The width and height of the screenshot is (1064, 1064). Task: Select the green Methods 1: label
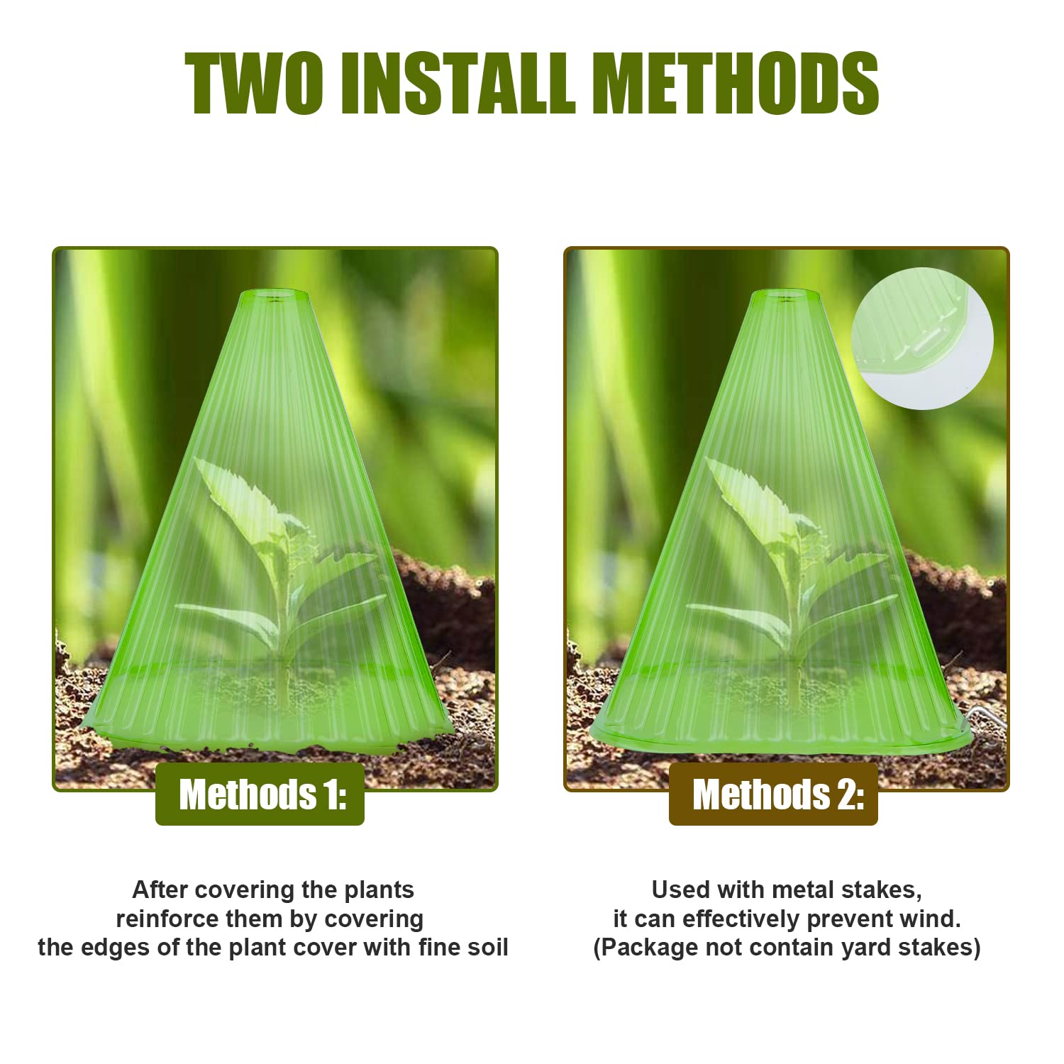pyautogui.click(x=260, y=794)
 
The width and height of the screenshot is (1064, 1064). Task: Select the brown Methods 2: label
pyautogui.click(x=773, y=794)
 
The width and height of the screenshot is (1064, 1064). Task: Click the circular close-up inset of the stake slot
pyautogui.click(x=922, y=338)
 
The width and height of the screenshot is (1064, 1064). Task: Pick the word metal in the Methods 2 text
pyautogui.click(x=802, y=890)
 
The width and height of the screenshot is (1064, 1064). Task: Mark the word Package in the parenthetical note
pyautogui.click(x=645, y=948)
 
